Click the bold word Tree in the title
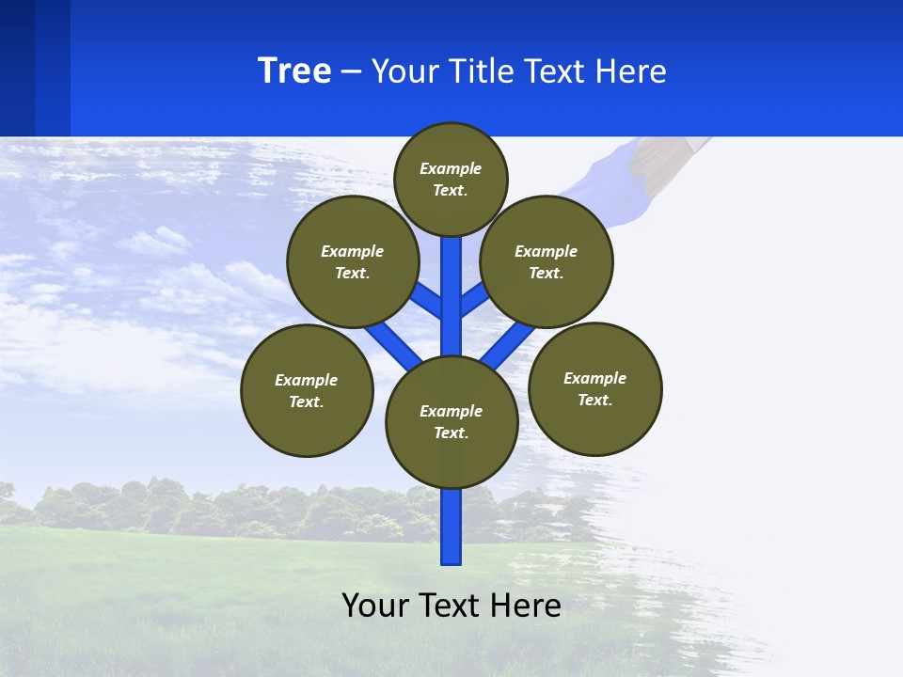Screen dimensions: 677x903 coord(294,71)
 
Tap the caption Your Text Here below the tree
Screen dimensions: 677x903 coord(451,606)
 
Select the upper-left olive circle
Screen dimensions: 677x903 coord(353,261)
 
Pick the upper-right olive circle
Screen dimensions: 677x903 coord(547,261)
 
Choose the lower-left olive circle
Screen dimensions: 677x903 coord(307,390)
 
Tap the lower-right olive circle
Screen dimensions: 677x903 coord(595,388)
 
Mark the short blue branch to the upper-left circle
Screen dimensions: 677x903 coord(427,299)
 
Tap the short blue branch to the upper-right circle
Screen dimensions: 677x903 coord(473,299)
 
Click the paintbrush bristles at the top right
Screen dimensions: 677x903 coord(670,155)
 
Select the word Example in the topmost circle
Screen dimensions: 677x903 coord(451,169)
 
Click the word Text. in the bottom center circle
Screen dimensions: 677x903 coord(451,433)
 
